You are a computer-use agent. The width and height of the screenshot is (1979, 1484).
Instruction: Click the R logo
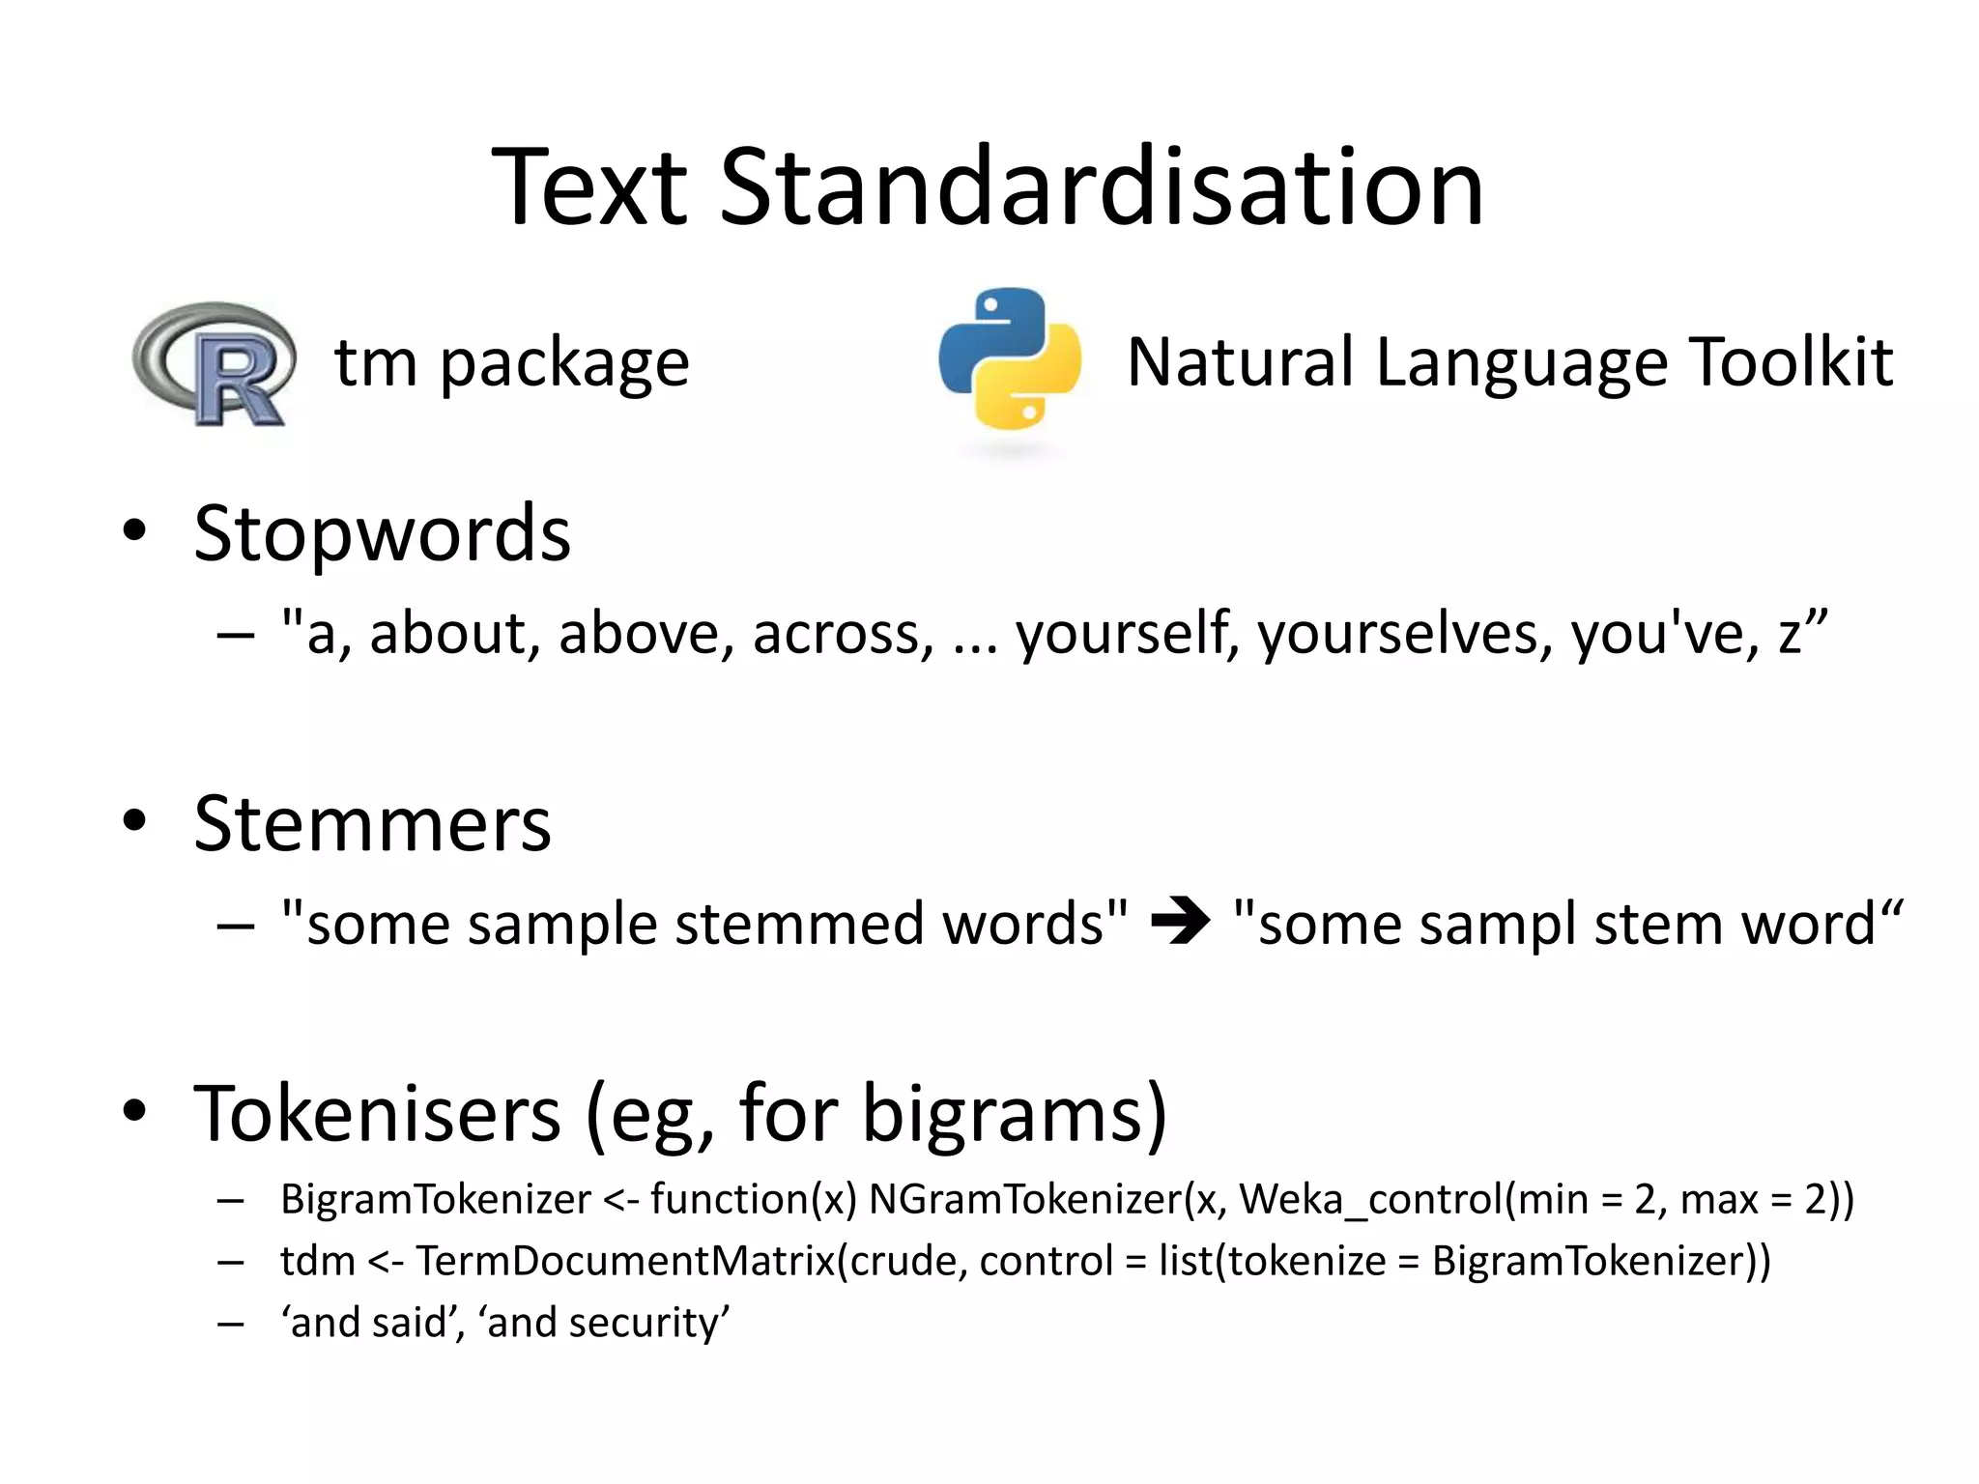click(215, 364)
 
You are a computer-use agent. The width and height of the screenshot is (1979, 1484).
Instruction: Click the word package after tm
click(564, 364)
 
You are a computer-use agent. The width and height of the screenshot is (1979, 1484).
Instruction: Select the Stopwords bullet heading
click(382, 533)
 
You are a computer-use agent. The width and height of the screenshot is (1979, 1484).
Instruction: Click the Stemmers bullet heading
click(372, 824)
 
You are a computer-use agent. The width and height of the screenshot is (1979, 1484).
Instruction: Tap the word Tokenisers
click(377, 1113)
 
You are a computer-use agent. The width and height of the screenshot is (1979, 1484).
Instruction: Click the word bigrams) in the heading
click(1014, 1115)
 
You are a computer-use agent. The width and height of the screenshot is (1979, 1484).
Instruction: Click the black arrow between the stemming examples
click(1180, 921)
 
